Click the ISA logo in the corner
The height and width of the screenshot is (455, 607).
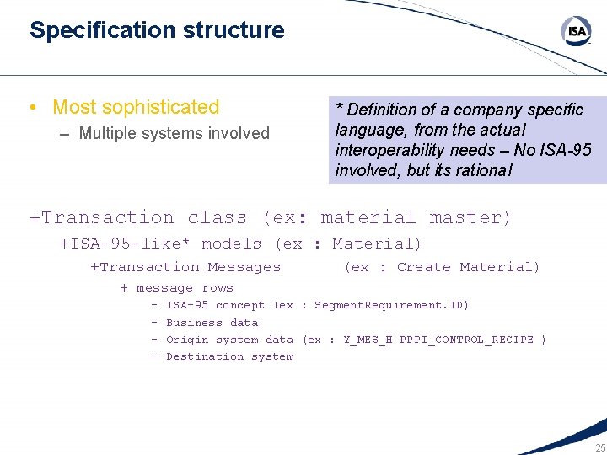[x=577, y=32]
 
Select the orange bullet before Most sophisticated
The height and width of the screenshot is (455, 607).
[x=31, y=108]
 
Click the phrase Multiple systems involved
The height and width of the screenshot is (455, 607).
[x=174, y=133]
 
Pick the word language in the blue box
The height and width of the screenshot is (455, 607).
[x=363, y=130]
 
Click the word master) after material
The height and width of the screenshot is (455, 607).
[x=470, y=217]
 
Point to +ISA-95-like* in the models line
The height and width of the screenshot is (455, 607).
[x=111, y=244]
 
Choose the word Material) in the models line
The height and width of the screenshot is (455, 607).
[x=377, y=244]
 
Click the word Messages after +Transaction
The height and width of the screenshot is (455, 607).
[x=244, y=267]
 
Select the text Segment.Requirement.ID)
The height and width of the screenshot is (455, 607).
[x=392, y=305]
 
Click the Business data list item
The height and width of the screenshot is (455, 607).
[x=212, y=323]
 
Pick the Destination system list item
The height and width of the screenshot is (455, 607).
[x=229, y=356]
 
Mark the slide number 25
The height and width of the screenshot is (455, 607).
[x=600, y=447]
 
